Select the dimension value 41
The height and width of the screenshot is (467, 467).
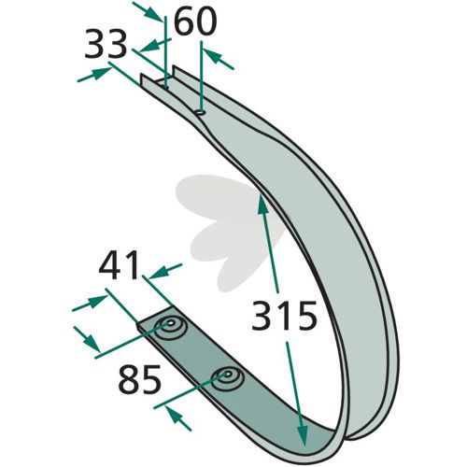click(119, 265)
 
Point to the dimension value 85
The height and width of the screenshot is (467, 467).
click(140, 379)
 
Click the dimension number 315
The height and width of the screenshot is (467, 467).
click(284, 315)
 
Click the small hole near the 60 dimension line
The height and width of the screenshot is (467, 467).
click(200, 112)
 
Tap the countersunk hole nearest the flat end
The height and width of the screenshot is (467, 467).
click(170, 329)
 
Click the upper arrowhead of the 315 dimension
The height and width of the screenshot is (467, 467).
click(262, 204)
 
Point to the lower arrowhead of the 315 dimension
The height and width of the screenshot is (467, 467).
click(303, 435)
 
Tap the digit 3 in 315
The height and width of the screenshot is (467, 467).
click(262, 315)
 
